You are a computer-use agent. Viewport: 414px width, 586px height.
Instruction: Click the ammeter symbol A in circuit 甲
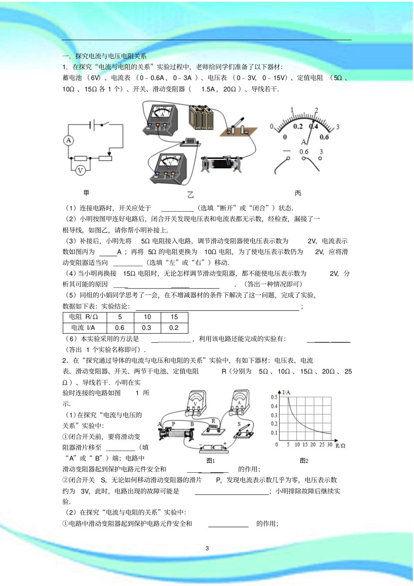point(68,140)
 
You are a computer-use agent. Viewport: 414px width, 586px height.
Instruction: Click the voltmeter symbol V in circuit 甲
point(80,170)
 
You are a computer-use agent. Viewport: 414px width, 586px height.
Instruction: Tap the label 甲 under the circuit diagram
point(86,193)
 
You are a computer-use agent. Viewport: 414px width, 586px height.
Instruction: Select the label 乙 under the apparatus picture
point(190,194)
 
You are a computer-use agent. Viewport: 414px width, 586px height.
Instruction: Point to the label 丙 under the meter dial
point(298,193)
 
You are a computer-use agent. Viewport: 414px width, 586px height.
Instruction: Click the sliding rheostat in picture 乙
point(222,164)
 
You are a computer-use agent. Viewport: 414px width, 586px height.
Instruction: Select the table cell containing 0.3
point(147,328)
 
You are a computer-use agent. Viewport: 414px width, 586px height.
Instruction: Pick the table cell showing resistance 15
point(174,317)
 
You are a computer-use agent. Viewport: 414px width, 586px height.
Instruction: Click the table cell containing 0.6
point(119,328)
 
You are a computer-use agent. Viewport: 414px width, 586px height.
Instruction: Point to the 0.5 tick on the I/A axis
point(274,397)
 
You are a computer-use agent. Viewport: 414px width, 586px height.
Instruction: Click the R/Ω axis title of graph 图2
point(340,446)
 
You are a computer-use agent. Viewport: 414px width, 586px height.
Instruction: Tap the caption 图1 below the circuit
point(211,460)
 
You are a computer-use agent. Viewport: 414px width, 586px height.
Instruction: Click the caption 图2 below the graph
point(304,460)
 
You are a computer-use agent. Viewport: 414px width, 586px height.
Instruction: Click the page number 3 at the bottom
point(207,548)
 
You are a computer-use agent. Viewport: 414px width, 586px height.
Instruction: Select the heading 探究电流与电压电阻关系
point(111,56)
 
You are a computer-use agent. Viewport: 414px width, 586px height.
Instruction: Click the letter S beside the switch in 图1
point(239,423)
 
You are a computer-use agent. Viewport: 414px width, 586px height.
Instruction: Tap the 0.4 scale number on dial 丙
point(313,126)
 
